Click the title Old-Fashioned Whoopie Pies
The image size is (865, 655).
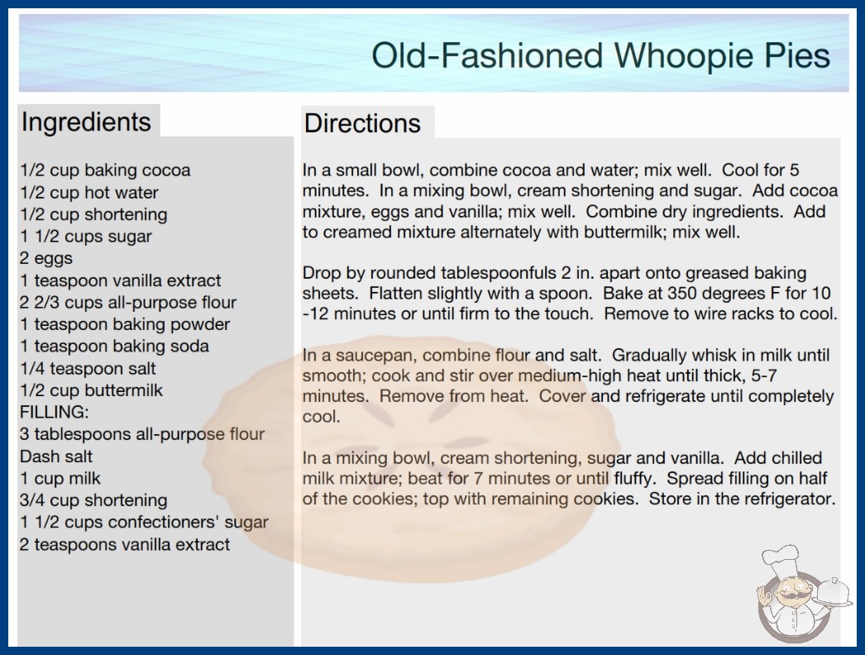pos(600,55)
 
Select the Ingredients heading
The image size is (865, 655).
pos(86,122)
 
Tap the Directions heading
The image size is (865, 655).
pos(362,123)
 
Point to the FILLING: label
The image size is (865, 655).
pos(54,412)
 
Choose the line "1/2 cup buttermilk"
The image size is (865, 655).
pos(92,390)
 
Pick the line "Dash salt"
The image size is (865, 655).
pos(56,457)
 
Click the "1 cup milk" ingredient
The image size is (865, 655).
pos(60,478)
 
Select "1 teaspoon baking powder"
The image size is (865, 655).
pos(125,324)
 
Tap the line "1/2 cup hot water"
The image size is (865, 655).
pos(89,193)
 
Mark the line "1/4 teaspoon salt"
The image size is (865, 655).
pos(88,368)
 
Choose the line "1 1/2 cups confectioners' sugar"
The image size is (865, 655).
pos(144,523)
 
